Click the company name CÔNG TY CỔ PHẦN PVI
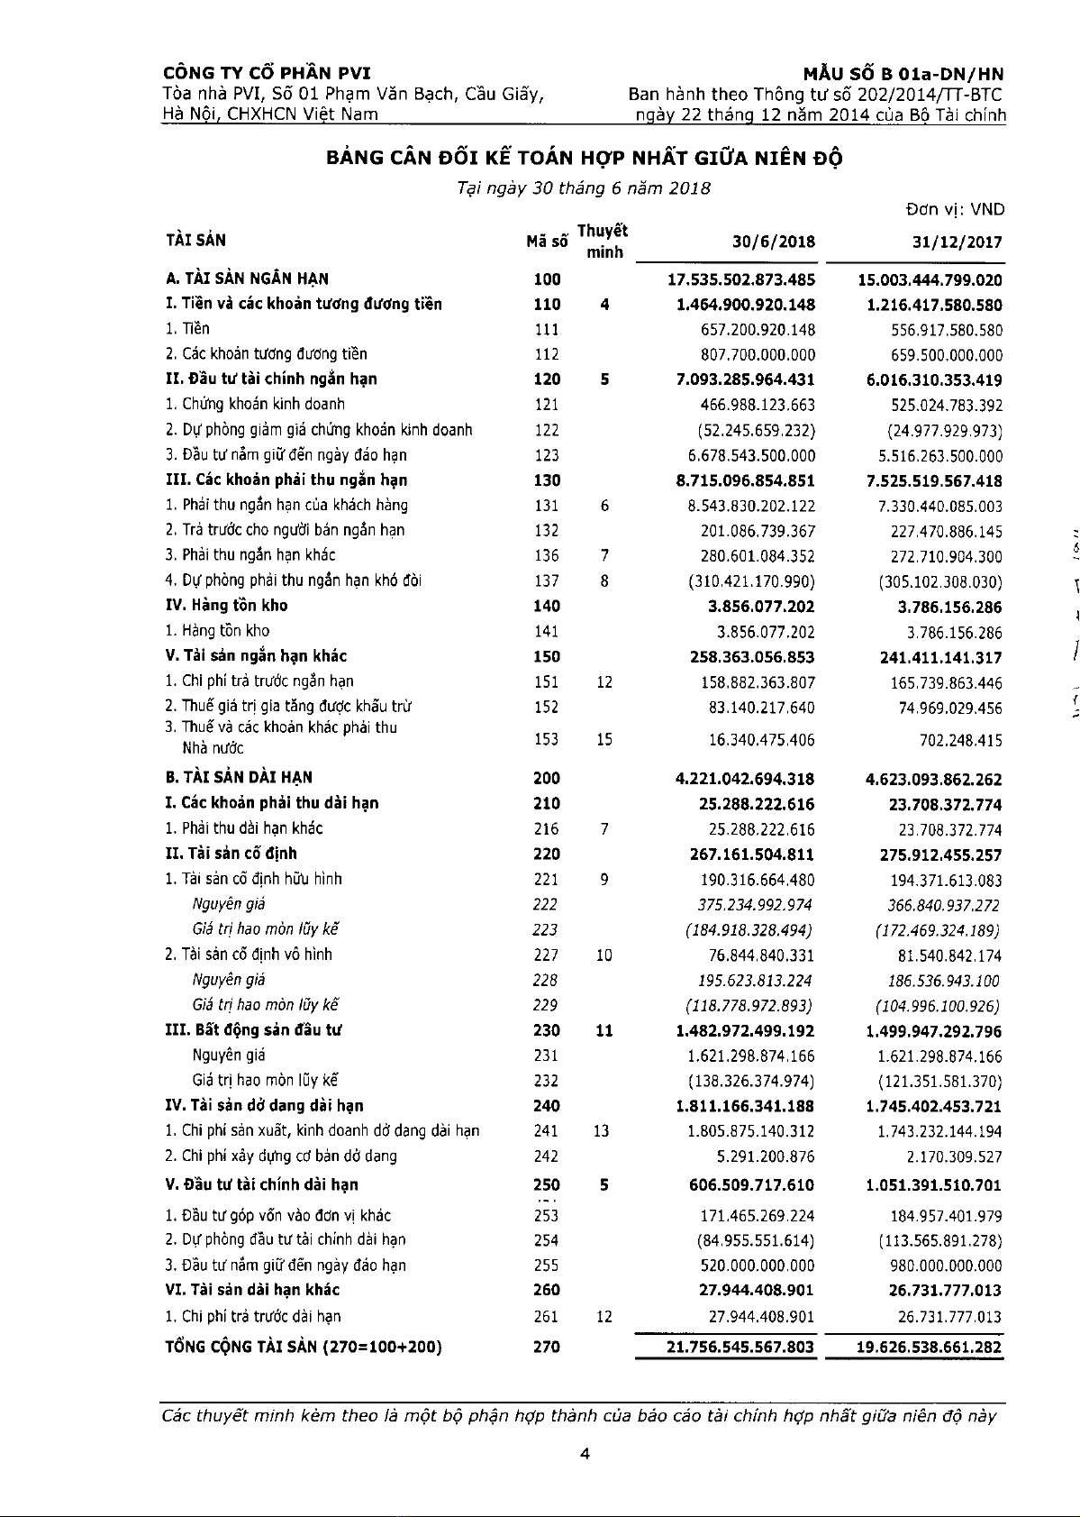pos(267,74)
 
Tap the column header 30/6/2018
pos(773,242)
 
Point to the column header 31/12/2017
pos(957,242)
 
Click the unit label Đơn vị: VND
pos(955,210)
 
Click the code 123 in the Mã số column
pos(546,456)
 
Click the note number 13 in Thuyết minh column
pos(602,1131)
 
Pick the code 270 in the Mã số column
pos(546,1347)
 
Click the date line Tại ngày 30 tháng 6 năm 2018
pos(584,188)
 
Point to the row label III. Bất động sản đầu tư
pos(253,1029)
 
